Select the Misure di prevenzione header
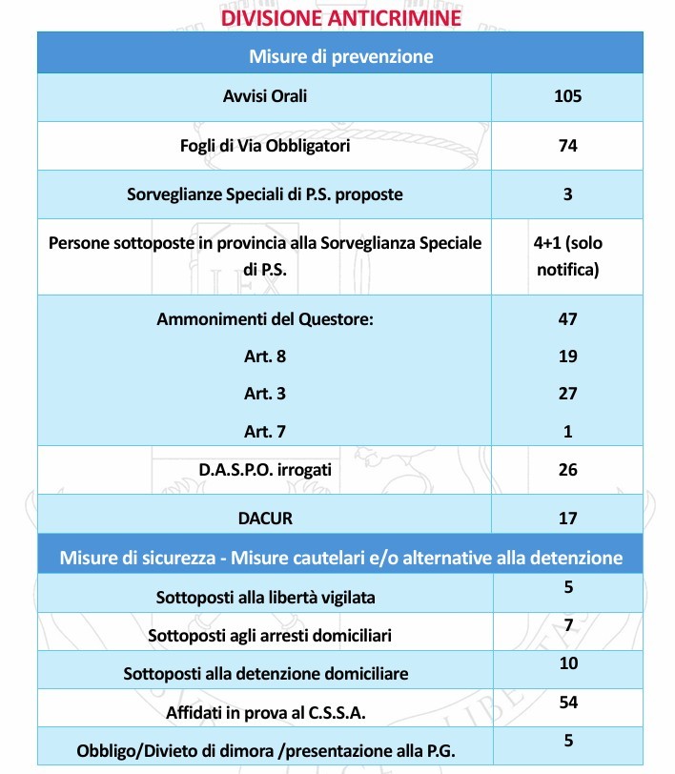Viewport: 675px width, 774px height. [x=341, y=56]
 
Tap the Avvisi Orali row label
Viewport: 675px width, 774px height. [x=264, y=96]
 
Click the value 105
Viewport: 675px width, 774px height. [x=567, y=96]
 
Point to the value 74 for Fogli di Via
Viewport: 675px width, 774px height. [x=567, y=146]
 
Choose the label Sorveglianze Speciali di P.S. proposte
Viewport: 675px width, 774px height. [x=264, y=194]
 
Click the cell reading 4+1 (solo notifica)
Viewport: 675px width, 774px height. [x=567, y=256]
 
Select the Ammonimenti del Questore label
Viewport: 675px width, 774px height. [x=264, y=319]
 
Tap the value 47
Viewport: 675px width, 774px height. [x=567, y=319]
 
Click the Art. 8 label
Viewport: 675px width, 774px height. [x=264, y=356]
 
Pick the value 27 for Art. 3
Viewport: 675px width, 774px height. [x=567, y=394]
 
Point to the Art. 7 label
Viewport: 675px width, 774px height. [x=264, y=431]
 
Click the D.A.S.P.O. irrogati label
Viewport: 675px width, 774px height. [x=264, y=469]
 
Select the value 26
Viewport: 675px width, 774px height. [x=567, y=469]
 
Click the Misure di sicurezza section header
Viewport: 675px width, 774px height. [x=341, y=557]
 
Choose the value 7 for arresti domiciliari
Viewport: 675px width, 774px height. [x=567, y=625]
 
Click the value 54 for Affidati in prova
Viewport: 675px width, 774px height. [x=567, y=702]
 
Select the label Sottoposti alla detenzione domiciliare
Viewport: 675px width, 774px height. [x=266, y=673]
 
